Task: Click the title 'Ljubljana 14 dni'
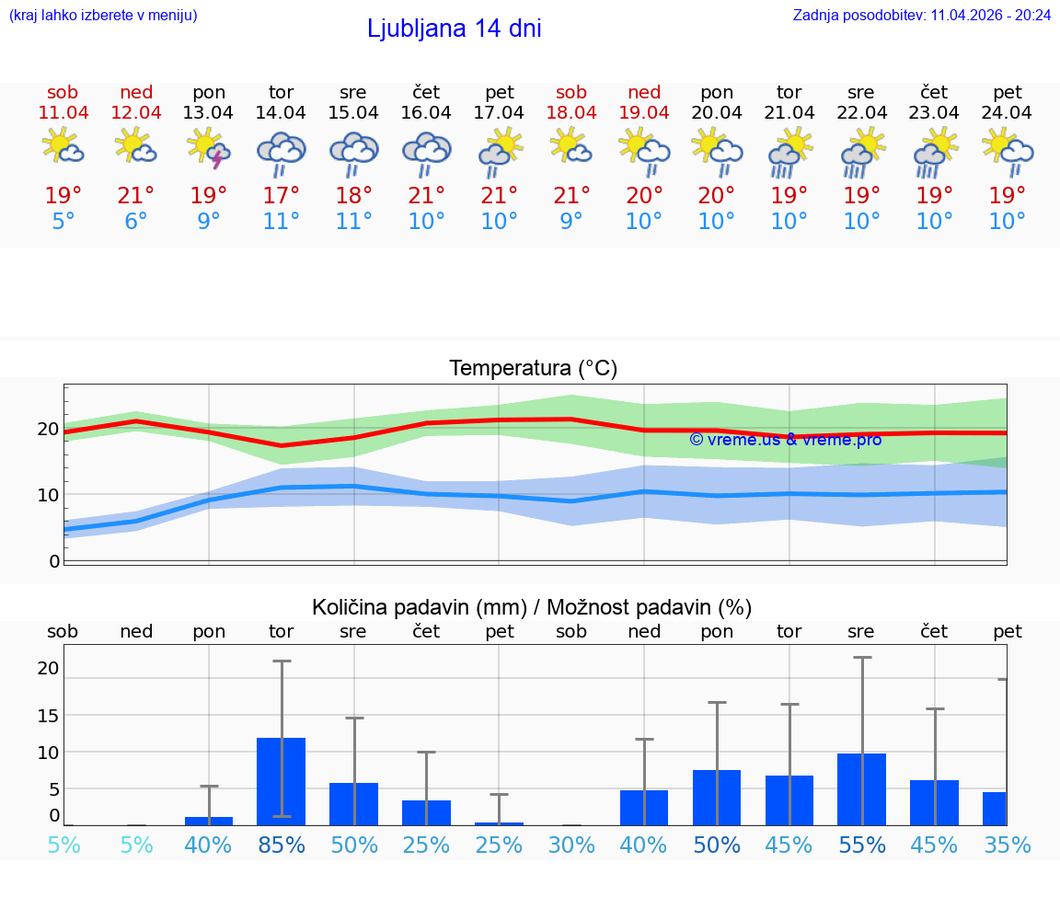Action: click(454, 29)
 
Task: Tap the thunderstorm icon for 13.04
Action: click(209, 149)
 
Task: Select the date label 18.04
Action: click(571, 113)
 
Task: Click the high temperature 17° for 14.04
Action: click(282, 196)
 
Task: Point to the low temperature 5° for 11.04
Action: click(63, 222)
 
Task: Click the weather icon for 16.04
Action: click(426, 152)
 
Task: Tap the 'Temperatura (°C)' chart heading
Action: click(533, 369)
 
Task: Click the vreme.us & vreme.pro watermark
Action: click(785, 440)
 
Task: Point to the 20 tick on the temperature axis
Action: click(48, 429)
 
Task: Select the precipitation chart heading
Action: click(532, 607)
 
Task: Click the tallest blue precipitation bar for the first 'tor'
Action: click(282, 781)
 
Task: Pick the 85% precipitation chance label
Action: click(282, 845)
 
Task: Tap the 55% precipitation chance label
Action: click(862, 845)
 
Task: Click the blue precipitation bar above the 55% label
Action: click(862, 789)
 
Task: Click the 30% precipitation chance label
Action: click(571, 845)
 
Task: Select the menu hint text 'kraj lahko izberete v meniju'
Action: click(103, 15)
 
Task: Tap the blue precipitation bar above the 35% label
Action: click(995, 809)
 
